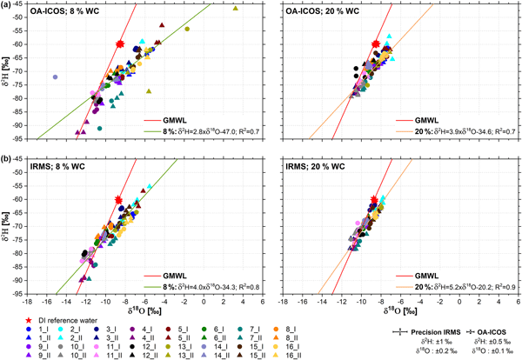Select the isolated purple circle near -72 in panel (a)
click(55, 77)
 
